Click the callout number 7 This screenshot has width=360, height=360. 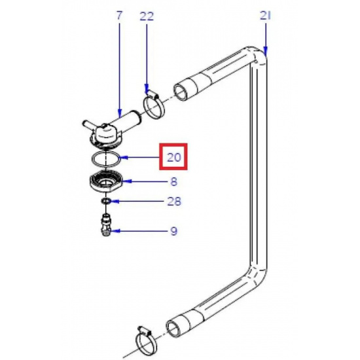[x=119, y=16]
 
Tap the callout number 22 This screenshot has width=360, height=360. [x=147, y=16]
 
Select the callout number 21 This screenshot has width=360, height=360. [x=265, y=16]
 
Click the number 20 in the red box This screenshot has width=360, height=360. [x=174, y=158]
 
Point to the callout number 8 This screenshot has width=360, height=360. [x=174, y=181]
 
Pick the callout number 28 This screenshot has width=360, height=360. [x=174, y=202]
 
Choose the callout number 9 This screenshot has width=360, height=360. [x=174, y=231]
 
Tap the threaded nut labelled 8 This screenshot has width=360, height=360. [x=105, y=182]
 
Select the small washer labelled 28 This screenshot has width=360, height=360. [x=106, y=202]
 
